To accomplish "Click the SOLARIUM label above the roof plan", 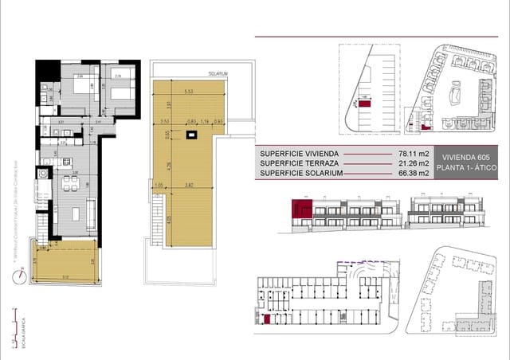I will point(219,73).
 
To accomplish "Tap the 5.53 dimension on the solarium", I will point(188,92).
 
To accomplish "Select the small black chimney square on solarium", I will point(192,136).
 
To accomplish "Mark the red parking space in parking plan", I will point(363,104).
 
